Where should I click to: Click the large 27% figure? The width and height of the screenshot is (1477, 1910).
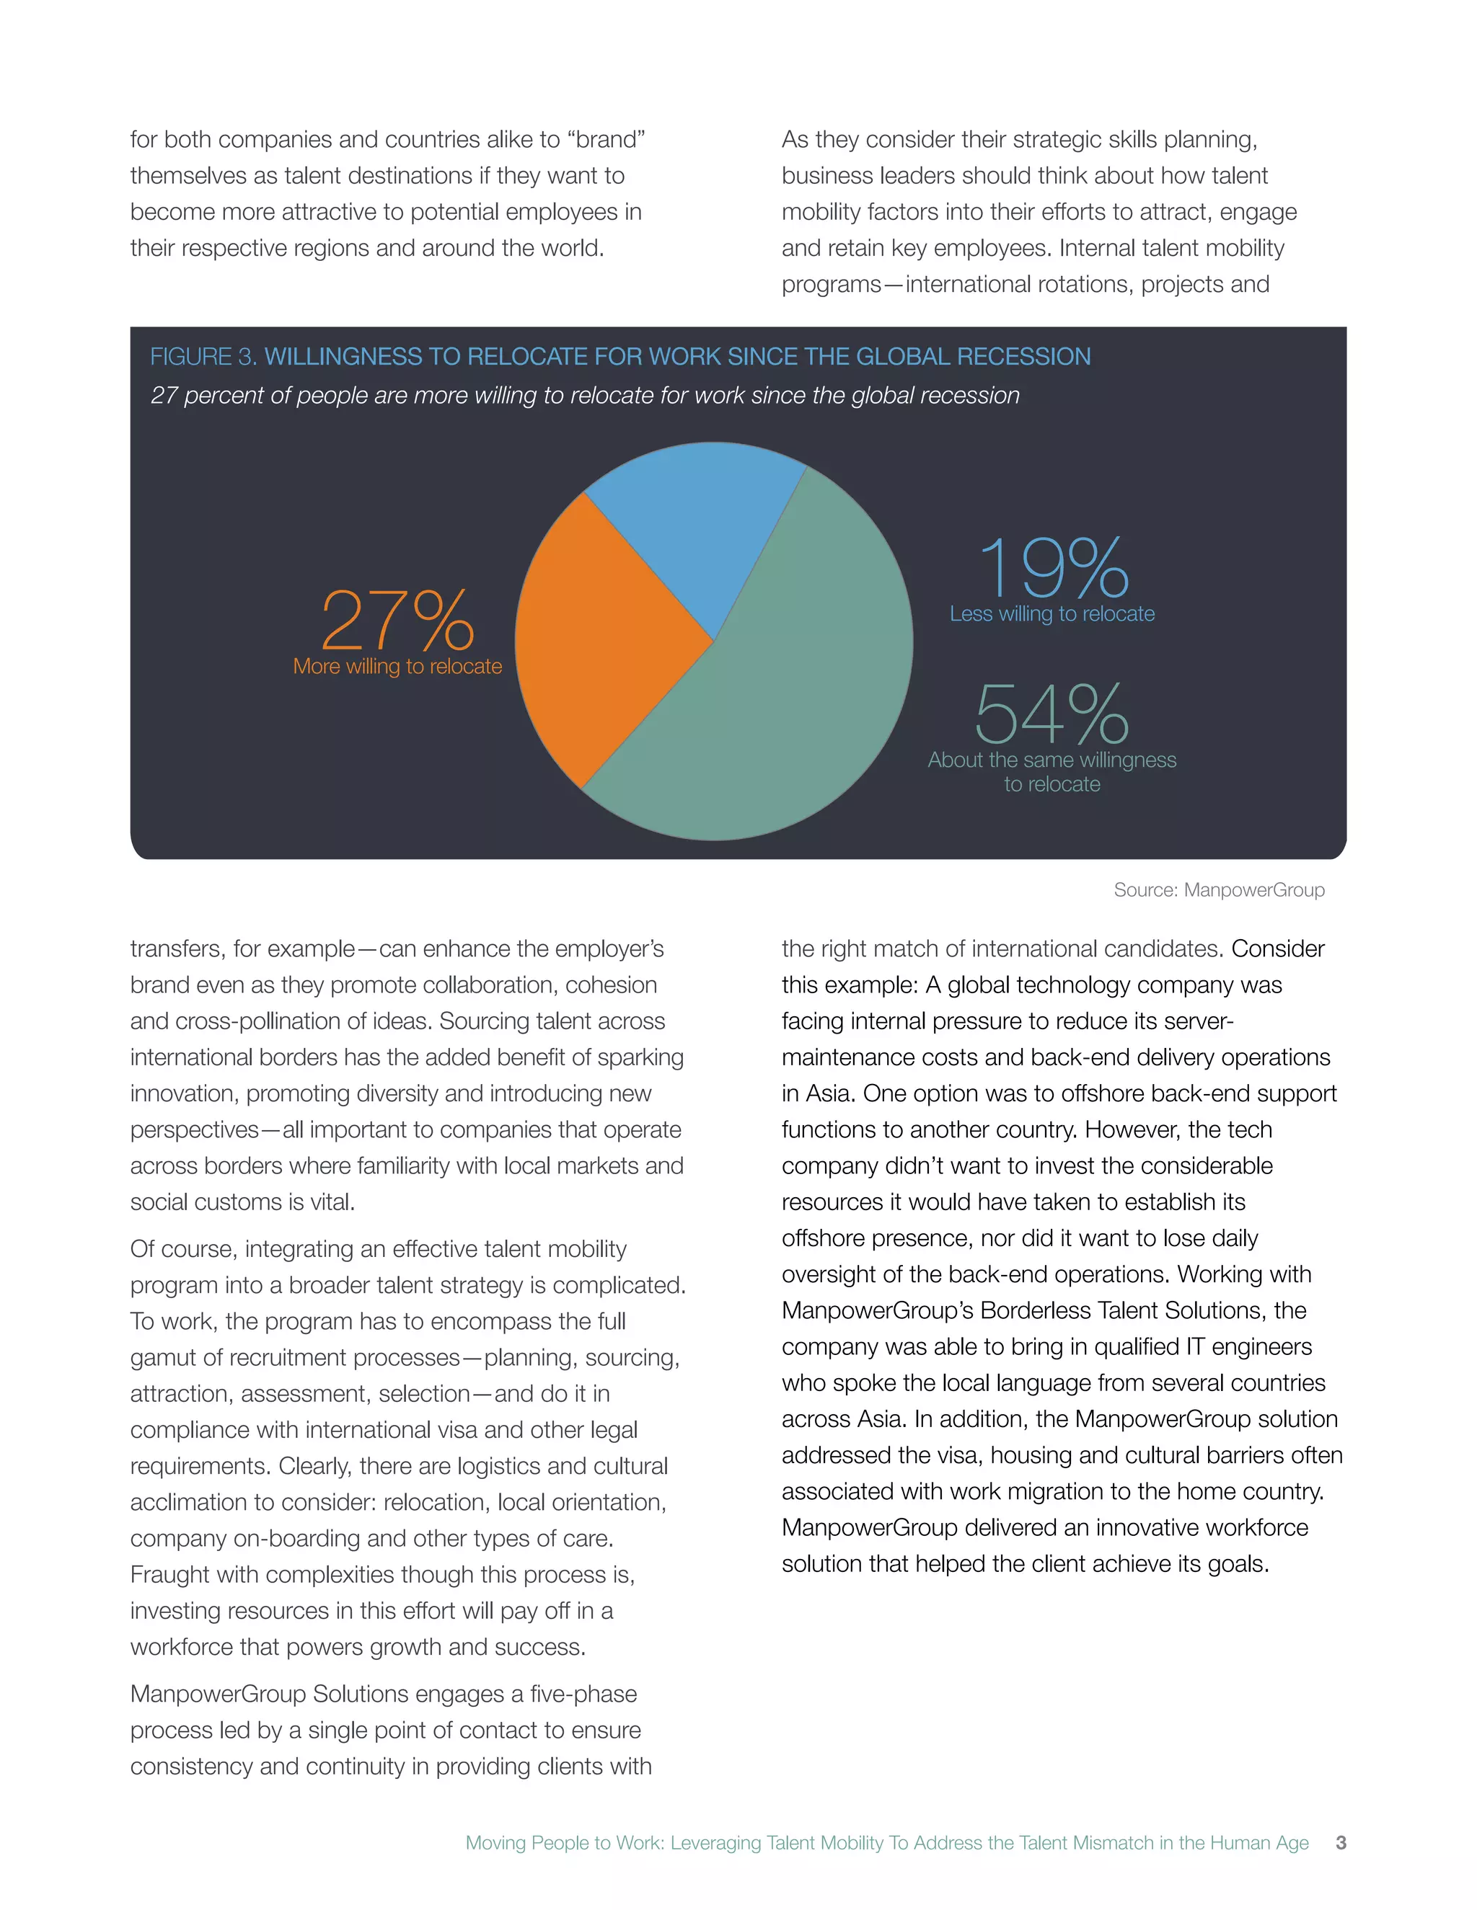pyautogui.click(x=397, y=620)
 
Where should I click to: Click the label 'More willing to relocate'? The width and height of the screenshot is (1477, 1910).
pyautogui.click(x=397, y=667)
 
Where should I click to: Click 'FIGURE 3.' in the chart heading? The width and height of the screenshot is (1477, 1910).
pyautogui.click(x=203, y=357)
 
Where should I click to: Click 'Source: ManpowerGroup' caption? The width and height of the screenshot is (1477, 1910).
pyautogui.click(x=1218, y=890)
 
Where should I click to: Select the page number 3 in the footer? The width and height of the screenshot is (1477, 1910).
pyautogui.click(x=1341, y=1843)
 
